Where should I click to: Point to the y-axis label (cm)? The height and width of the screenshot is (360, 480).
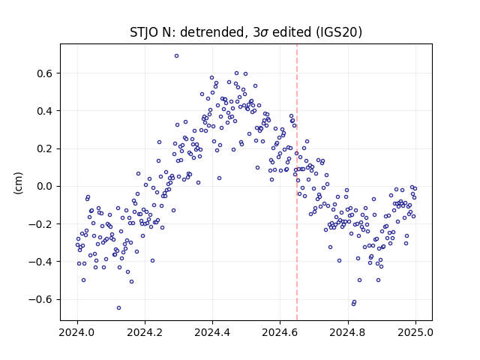pyautogui.click(x=18, y=183)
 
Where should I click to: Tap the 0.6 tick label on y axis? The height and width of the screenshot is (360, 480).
pyautogui.click(x=45, y=73)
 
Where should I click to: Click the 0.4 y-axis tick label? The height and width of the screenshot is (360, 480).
pyautogui.click(x=45, y=111)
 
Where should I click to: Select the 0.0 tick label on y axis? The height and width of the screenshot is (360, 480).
pyautogui.click(x=45, y=186)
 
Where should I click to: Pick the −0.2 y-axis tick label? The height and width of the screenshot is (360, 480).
pyautogui.click(x=40, y=224)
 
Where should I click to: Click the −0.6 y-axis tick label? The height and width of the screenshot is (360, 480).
pyautogui.click(x=40, y=299)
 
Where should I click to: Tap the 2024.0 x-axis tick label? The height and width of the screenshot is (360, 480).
pyautogui.click(x=77, y=332)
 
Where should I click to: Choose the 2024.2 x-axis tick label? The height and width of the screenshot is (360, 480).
pyautogui.click(x=145, y=332)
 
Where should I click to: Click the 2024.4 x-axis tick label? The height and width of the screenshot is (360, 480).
pyautogui.click(x=212, y=332)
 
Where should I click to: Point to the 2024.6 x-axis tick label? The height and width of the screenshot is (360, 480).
pyautogui.click(x=280, y=332)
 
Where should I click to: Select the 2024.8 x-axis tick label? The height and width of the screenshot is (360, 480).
pyautogui.click(x=348, y=332)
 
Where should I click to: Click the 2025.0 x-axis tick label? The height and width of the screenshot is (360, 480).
pyautogui.click(x=415, y=332)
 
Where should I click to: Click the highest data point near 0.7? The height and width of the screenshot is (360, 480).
pyautogui.click(x=177, y=56)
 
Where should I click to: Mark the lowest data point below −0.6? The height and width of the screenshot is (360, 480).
pyautogui.click(x=118, y=308)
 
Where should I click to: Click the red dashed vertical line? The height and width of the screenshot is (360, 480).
pyautogui.click(x=297, y=182)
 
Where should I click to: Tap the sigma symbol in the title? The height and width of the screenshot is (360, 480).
pyautogui.click(x=265, y=33)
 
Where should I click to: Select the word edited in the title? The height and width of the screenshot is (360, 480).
pyautogui.click(x=292, y=32)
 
